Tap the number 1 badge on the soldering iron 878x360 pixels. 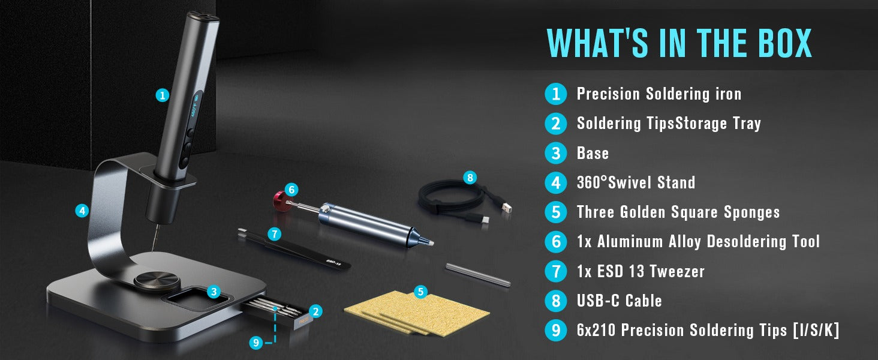(163, 95)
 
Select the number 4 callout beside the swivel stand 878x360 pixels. (82, 211)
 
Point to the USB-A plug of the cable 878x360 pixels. (506, 207)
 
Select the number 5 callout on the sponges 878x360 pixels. (420, 292)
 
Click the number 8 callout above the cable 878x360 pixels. (470, 178)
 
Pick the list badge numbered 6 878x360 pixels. (556, 242)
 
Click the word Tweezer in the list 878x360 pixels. (677, 271)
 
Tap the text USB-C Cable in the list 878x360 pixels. (620, 301)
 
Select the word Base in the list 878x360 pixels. (593, 153)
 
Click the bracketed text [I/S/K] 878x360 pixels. (816, 330)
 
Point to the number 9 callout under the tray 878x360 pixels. (256, 343)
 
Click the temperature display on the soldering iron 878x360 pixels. (195, 106)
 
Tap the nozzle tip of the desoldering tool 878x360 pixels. (431, 243)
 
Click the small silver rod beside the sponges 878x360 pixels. (478, 275)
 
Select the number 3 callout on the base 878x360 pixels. (214, 292)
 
